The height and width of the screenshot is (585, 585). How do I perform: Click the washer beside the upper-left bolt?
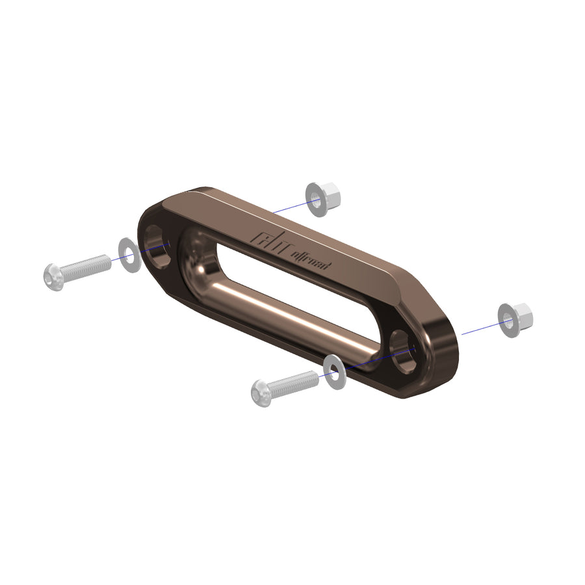point(129,255)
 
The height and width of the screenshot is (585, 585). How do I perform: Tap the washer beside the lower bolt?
point(335,372)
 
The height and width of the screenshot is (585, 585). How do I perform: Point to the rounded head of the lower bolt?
point(261,394)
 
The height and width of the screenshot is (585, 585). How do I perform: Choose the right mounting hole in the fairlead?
point(404,351)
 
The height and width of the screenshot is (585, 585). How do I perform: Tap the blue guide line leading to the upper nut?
point(289,206)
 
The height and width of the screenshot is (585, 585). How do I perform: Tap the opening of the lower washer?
point(334,372)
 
